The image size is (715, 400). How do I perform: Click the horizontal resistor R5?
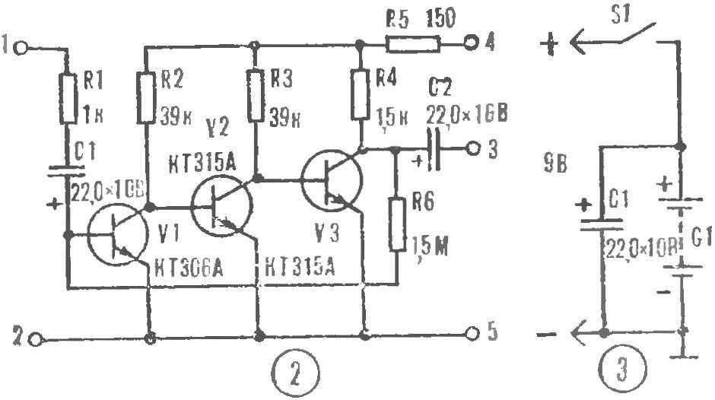412,45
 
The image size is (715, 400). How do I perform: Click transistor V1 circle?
116,237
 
